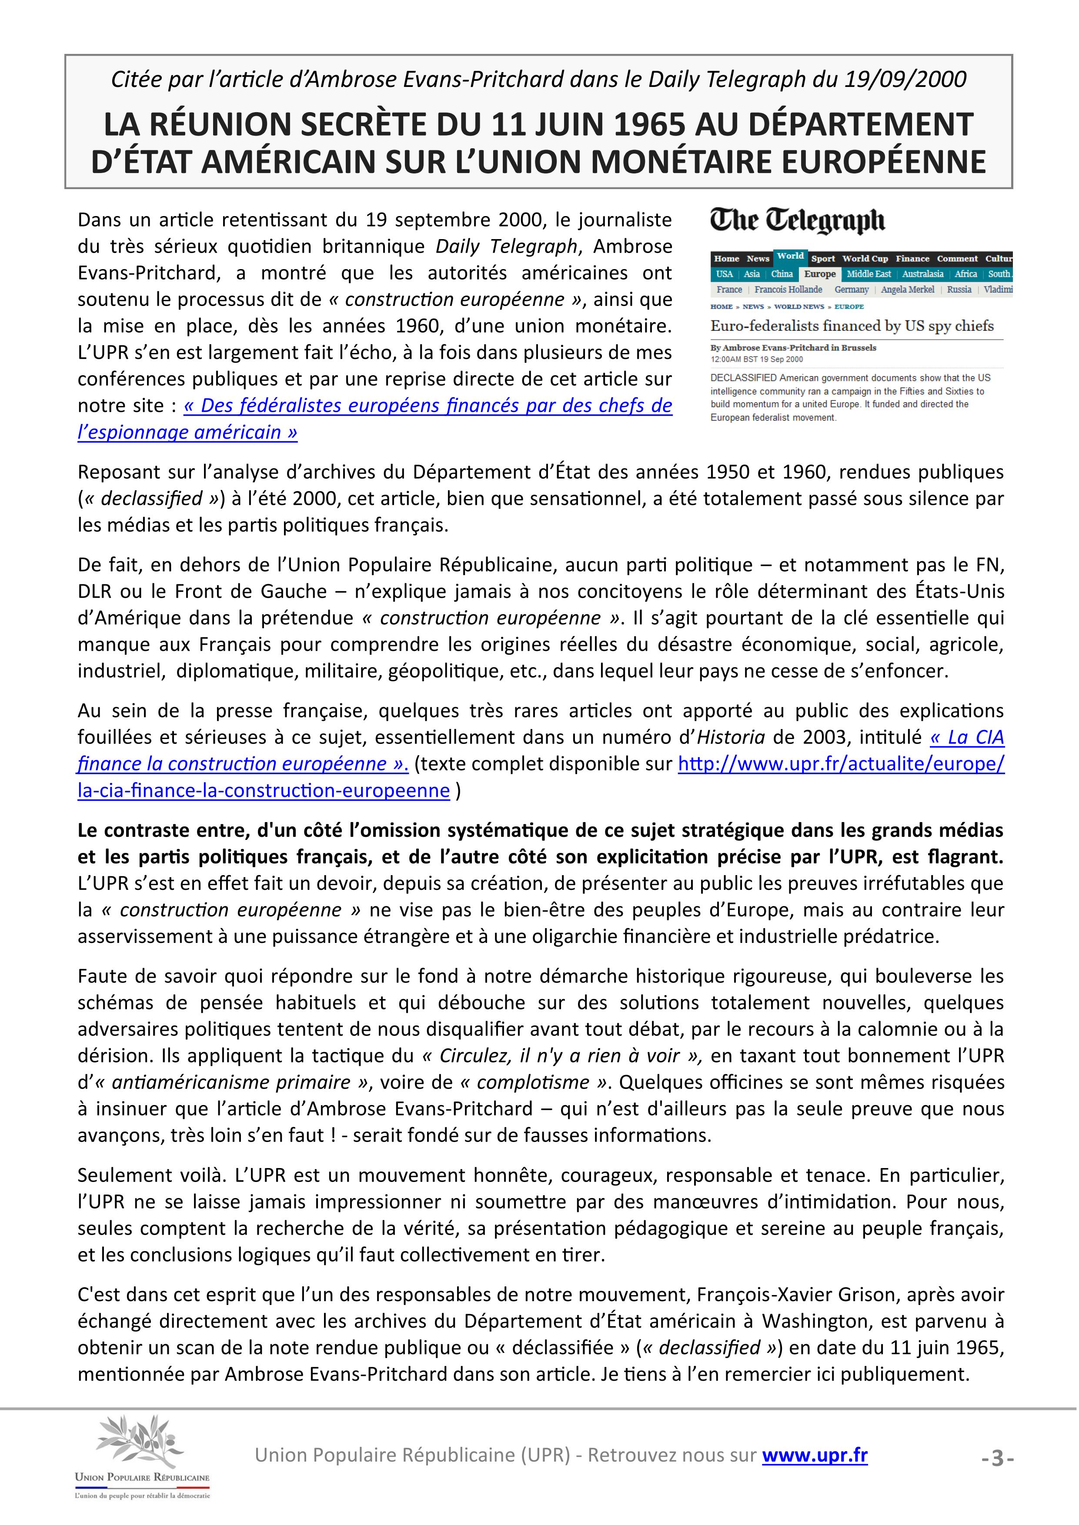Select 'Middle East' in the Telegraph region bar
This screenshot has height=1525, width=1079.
tap(869, 273)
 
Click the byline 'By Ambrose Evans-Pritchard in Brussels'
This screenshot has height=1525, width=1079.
tap(793, 347)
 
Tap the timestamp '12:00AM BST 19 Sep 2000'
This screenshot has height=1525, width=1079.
tap(756, 360)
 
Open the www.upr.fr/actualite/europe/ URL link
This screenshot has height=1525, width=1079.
tap(841, 764)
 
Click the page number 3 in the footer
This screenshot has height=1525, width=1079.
tap(997, 1458)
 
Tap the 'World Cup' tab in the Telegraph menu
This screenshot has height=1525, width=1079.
tap(865, 258)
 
